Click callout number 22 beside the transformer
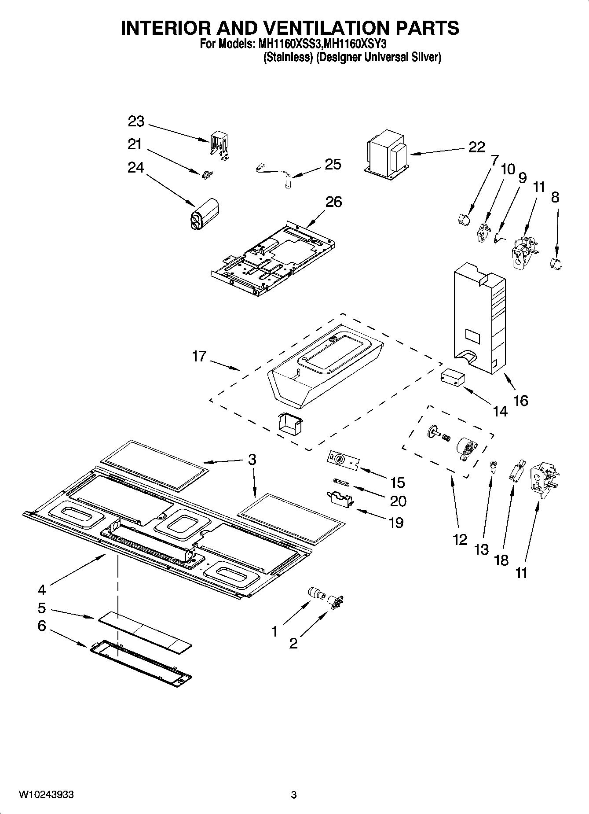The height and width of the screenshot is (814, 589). (476, 147)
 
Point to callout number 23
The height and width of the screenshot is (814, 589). (136, 121)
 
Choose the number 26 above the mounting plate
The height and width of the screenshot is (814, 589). (333, 202)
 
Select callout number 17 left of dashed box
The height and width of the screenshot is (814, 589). (199, 356)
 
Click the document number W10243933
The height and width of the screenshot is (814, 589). (46, 795)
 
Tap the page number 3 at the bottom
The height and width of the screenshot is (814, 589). (294, 795)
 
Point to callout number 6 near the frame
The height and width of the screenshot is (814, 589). (41, 626)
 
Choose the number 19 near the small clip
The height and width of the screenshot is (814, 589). (396, 523)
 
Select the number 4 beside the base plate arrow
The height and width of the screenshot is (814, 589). (41, 589)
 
